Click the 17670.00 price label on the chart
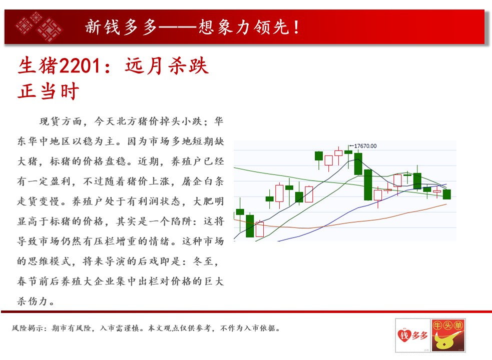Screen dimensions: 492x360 click(x=365, y=146)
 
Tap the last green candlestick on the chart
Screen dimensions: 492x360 click(x=447, y=194)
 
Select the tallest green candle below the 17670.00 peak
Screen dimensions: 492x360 click(x=368, y=184)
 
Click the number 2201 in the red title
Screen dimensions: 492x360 click(x=80, y=66)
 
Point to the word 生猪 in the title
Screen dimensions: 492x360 click(x=38, y=66)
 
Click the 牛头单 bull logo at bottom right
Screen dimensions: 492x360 click(x=448, y=335)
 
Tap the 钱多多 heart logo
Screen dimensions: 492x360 click(x=412, y=335)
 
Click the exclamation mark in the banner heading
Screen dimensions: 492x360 click(x=296, y=27)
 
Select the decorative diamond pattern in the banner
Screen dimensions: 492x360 click(x=39, y=27)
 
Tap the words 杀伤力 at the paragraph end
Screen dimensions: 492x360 click(x=32, y=301)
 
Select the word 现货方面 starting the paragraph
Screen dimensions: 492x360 click(x=61, y=121)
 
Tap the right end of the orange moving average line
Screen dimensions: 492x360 click(x=446, y=204)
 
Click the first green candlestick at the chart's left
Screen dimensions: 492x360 click(x=240, y=211)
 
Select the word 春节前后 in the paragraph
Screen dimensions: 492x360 click(x=38, y=281)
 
